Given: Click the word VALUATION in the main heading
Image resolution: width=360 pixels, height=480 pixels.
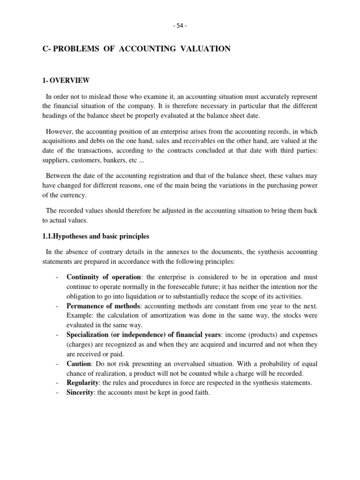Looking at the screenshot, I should tap(204, 49).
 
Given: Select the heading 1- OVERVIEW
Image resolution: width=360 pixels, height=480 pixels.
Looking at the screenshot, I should tap(66, 81).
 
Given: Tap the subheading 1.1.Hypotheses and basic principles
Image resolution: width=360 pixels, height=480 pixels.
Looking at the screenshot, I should tap(96, 236).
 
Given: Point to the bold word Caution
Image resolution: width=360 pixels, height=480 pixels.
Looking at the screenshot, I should tap(78, 363).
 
